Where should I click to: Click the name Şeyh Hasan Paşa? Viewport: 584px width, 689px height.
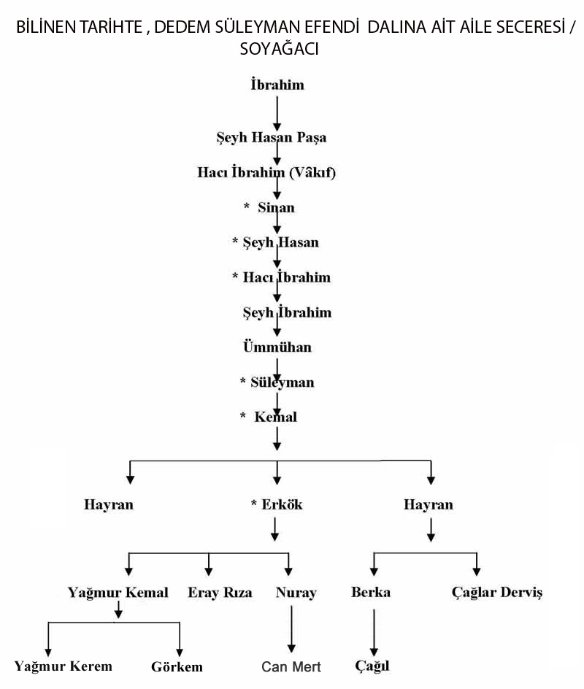click(x=271, y=137)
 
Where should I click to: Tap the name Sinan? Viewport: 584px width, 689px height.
click(x=276, y=208)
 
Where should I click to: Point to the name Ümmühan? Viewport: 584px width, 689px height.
click(x=277, y=347)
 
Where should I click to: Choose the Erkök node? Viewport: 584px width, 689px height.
click(x=281, y=505)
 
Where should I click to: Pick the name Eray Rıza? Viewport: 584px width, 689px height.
click(x=220, y=593)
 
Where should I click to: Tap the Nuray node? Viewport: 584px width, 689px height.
click(x=296, y=593)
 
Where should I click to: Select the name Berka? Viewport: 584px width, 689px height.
click(x=370, y=593)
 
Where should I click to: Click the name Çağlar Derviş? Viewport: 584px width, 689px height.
click(x=497, y=593)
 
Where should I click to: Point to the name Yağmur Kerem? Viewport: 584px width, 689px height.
click(x=64, y=666)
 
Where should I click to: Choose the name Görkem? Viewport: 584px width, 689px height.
click(x=177, y=667)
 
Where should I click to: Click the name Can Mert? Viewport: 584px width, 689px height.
click(x=291, y=667)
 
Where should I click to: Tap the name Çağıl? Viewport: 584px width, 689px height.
click(x=372, y=667)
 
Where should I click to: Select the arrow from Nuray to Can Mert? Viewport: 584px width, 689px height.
click(x=292, y=628)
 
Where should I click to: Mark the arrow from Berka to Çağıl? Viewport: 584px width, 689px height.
click(x=374, y=629)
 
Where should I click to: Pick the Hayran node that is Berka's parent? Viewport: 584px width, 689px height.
click(x=428, y=505)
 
